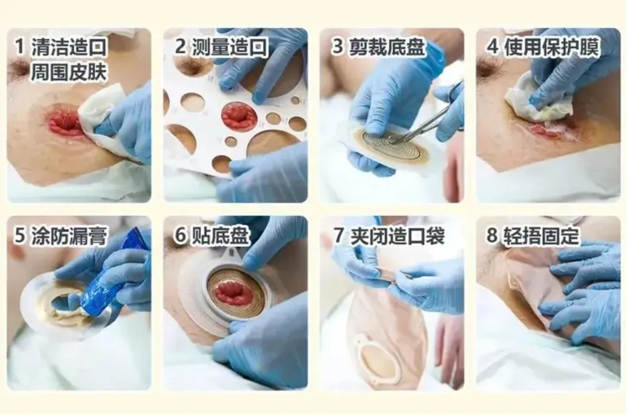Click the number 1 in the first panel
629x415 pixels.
click(x=19, y=47)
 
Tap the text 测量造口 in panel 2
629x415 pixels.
click(x=230, y=47)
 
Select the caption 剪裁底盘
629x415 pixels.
click(x=387, y=47)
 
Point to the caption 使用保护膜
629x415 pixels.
click(x=552, y=47)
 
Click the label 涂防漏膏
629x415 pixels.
click(x=69, y=235)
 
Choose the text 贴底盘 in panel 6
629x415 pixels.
click(x=220, y=235)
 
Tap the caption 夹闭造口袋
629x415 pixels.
click(x=397, y=235)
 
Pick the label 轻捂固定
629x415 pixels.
click(x=541, y=235)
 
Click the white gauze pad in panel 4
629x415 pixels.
click(x=529, y=99)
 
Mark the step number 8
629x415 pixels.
click(x=492, y=235)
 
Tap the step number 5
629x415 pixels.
click(x=20, y=235)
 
